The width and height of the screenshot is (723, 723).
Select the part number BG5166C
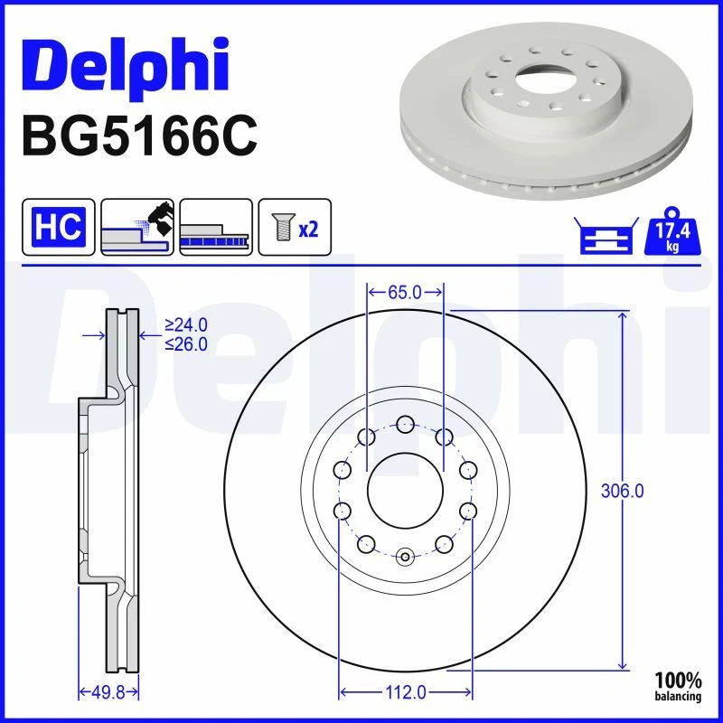[139, 136]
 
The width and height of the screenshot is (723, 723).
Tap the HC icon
[59, 227]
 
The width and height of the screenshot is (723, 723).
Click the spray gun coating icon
[137, 227]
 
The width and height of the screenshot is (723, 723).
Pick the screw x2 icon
[295, 227]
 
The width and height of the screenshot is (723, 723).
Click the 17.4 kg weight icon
[672, 231]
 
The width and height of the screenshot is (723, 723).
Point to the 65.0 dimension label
[404, 292]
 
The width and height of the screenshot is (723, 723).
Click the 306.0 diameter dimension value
[622, 491]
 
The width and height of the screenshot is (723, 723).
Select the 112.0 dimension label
[405, 692]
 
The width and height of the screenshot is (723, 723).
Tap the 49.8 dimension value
[108, 692]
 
